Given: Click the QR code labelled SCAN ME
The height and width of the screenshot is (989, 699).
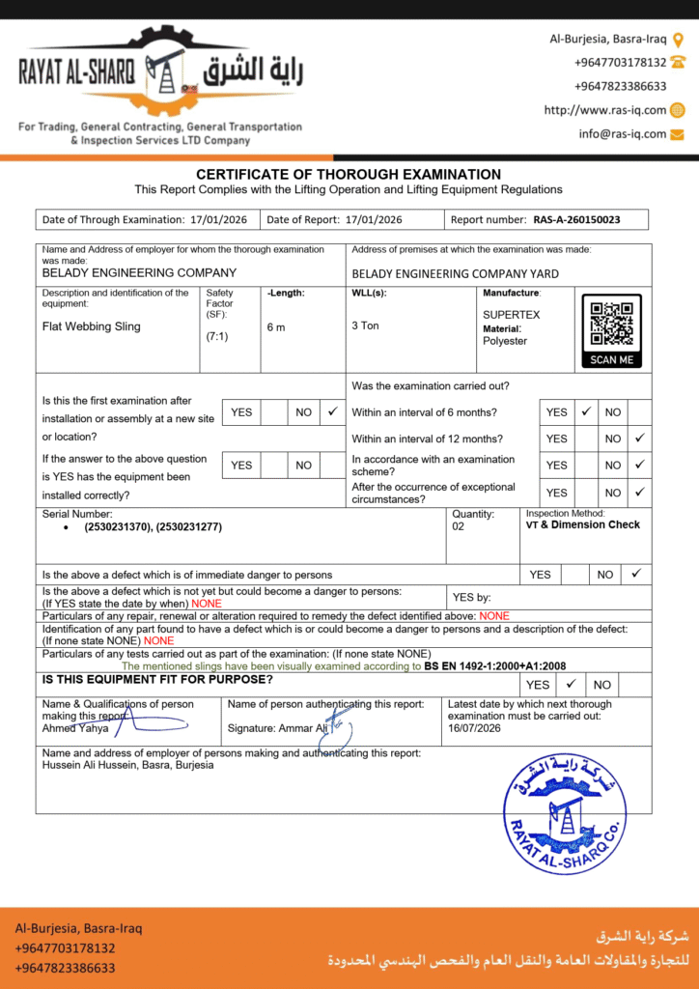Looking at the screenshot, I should pyautogui.click(x=611, y=325).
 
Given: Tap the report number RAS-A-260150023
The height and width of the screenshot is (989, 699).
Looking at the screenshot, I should pyautogui.click(x=576, y=220).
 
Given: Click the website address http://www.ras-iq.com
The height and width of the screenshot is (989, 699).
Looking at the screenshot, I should pyautogui.click(x=605, y=110).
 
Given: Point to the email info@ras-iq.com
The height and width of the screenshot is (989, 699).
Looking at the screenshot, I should pyautogui.click(x=623, y=134).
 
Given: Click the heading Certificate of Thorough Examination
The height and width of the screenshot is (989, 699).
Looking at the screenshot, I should pyautogui.click(x=349, y=174).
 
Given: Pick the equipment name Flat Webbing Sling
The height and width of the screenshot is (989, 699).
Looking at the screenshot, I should pyautogui.click(x=92, y=326).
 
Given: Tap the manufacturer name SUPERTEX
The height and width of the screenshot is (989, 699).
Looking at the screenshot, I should pyautogui.click(x=512, y=315).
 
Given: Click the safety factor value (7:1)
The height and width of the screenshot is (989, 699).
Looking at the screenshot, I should pyautogui.click(x=217, y=337).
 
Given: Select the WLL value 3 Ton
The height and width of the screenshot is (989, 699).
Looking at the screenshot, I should pyautogui.click(x=366, y=325).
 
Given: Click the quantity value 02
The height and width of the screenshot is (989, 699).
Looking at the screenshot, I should pyautogui.click(x=459, y=527).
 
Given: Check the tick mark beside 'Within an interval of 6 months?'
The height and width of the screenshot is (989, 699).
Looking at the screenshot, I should pyautogui.click(x=585, y=411).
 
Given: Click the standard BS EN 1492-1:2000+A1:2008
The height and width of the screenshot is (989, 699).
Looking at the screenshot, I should pyautogui.click(x=495, y=666).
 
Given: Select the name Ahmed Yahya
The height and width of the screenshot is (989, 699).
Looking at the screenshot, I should pyautogui.click(x=75, y=728).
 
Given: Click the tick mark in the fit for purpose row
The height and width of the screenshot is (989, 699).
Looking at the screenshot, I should pyautogui.click(x=571, y=684).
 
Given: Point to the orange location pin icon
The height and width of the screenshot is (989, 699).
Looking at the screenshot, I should pyautogui.click(x=678, y=40).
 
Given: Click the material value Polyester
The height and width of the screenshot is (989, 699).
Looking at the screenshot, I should pyautogui.click(x=506, y=341).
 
